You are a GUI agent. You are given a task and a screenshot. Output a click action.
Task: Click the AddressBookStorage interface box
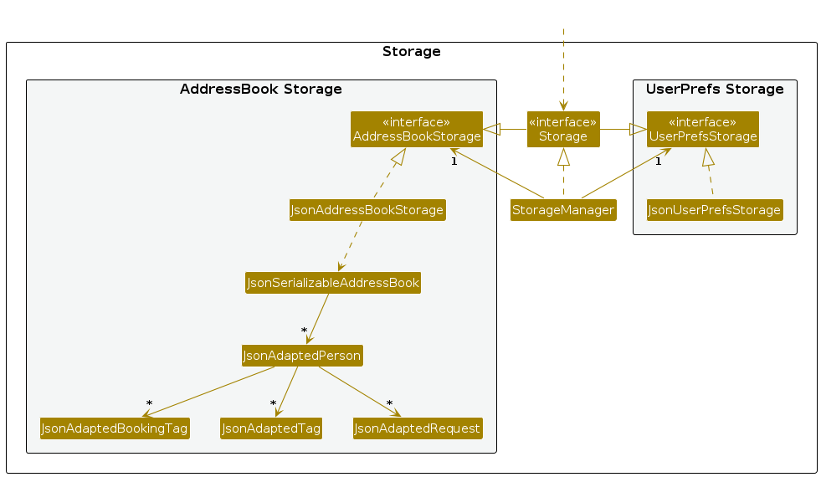(416, 129)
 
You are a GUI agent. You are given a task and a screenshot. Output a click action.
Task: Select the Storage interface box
(563, 129)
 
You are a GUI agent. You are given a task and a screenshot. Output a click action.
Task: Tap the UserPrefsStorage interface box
(702, 129)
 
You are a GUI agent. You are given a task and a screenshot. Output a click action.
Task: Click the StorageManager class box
(563, 209)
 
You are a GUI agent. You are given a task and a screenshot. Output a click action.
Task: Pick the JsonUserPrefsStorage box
(715, 209)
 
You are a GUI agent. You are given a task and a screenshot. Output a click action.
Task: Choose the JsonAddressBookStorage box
(367, 209)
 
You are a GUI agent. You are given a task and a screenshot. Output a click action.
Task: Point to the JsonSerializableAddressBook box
(333, 283)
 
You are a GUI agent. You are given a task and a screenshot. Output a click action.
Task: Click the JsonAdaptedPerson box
(302, 356)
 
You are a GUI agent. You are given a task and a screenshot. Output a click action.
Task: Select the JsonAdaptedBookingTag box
(115, 428)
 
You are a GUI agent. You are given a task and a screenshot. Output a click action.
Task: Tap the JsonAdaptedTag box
(271, 428)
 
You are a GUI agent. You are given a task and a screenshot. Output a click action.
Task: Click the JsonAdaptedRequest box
(418, 428)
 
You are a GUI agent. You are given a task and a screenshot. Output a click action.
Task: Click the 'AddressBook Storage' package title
(260, 90)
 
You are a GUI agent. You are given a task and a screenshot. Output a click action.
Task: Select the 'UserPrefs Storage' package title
(715, 90)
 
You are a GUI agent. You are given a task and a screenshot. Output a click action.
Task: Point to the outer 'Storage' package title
(411, 52)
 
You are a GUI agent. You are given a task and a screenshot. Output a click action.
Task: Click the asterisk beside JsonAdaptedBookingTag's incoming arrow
(149, 404)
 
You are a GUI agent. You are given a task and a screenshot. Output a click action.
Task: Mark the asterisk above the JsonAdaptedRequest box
(389, 404)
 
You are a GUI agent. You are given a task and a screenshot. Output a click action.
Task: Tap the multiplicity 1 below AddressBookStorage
(454, 162)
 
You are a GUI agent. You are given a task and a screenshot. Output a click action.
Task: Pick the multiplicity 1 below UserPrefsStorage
(658, 162)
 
